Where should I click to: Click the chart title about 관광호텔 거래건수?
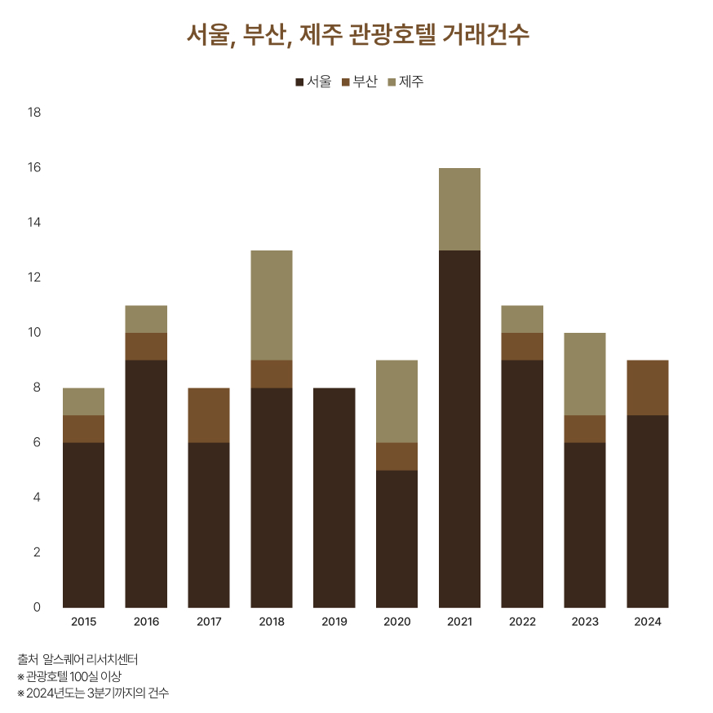click(x=356, y=35)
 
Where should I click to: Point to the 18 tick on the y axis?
click(x=34, y=113)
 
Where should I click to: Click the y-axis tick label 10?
click(x=34, y=333)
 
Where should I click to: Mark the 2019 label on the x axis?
click(x=334, y=622)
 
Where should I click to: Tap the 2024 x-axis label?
click(x=648, y=622)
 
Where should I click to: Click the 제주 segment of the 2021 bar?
click(x=459, y=209)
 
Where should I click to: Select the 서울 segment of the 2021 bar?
click(x=459, y=428)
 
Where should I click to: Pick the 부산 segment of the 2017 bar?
click(x=209, y=415)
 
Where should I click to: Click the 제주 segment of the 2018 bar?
click(x=272, y=305)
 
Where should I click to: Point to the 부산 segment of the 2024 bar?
click(x=648, y=387)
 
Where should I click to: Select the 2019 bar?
click(x=334, y=498)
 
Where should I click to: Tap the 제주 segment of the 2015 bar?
click(x=83, y=401)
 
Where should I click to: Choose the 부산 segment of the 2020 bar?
click(x=397, y=456)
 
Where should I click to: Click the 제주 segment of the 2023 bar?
click(x=585, y=374)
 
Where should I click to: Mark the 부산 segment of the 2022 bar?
click(x=522, y=346)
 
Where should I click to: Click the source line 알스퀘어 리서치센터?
click(x=77, y=659)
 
